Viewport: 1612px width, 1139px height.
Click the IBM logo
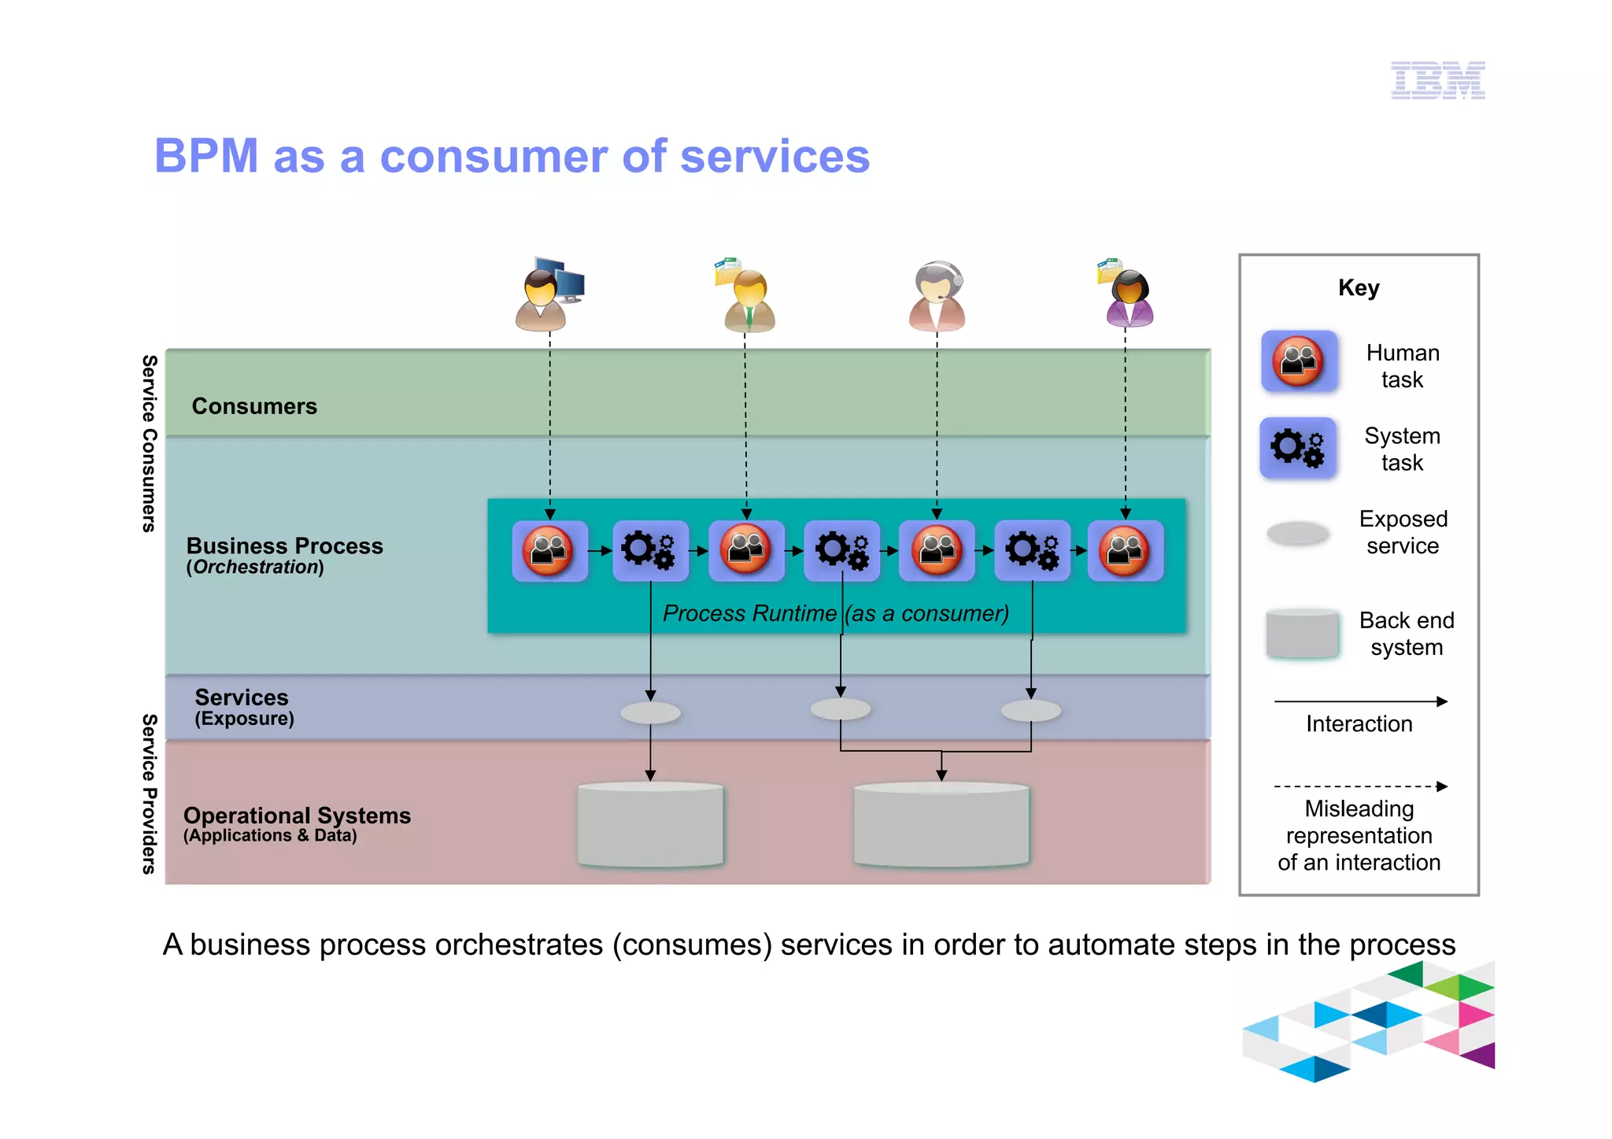[x=1437, y=80]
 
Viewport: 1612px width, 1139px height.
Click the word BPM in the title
[x=206, y=156]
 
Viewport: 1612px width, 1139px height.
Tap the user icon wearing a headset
[x=937, y=296]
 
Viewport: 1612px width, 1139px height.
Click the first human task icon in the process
[x=549, y=550]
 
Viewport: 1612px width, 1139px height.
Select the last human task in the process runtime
[x=1125, y=550]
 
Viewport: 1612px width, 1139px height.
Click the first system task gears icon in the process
[x=650, y=550]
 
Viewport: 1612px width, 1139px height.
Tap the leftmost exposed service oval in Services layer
[x=650, y=713]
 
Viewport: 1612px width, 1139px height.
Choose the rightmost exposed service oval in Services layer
[x=1031, y=712]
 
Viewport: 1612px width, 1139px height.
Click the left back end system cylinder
[x=650, y=825]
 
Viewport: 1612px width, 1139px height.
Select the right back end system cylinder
[x=941, y=825]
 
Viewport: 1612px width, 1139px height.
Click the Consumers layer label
[x=254, y=406]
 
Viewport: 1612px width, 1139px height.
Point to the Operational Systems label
[x=297, y=815]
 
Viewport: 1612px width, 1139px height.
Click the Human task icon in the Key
[x=1299, y=361]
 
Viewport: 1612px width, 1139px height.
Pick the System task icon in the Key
[x=1299, y=448]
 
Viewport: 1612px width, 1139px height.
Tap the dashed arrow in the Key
[x=1360, y=786]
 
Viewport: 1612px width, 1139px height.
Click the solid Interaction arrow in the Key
[x=1360, y=701]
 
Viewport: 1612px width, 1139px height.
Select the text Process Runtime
[x=749, y=613]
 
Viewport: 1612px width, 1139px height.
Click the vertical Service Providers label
[x=149, y=793]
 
